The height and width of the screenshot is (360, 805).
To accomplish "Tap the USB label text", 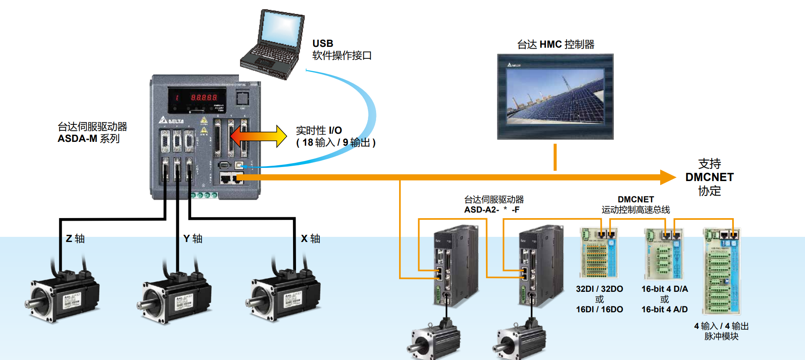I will (x=322, y=43).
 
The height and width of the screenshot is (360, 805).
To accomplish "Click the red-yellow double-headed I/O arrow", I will (x=258, y=136).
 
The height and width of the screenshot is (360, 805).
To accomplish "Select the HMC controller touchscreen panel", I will (x=555, y=96).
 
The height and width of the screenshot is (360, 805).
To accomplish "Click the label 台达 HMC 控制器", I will (x=555, y=44).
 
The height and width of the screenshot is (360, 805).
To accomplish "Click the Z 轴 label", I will (x=75, y=239).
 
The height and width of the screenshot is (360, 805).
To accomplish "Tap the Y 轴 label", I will (x=193, y=239).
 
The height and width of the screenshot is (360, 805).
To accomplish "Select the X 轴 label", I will (x=310, y=239).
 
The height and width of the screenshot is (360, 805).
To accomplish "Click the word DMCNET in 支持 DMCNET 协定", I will (x=709, y=177).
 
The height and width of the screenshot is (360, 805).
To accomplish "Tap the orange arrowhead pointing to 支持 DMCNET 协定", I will (x=667, y=177).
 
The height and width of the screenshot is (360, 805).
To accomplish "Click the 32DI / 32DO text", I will (x=599, y=289).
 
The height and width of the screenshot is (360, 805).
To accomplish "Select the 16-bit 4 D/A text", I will (x=664, y=289).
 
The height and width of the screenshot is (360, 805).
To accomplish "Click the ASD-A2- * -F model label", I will (x=492, y=210).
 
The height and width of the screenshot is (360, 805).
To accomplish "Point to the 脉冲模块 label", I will (x=721, y=336).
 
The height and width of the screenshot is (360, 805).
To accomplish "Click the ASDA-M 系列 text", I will (x=89, y=138).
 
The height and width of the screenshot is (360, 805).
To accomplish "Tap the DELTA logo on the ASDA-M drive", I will (x=172, y=121).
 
